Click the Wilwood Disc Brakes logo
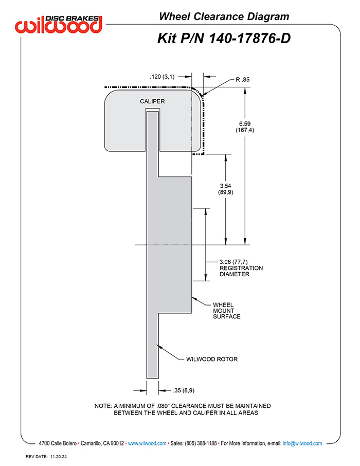[59, 24]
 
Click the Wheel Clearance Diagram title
[224, 16]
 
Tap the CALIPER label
[152, 101]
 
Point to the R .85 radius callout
[243, 80]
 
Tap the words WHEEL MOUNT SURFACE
[226, 311]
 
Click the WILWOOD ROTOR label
[212, 359]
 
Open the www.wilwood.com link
[147, 443]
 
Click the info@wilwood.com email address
[302, 443]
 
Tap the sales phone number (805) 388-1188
[201, 443]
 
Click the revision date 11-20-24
[58, 457]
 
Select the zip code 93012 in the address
[117, 443]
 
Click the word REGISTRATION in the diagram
[241, 268]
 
